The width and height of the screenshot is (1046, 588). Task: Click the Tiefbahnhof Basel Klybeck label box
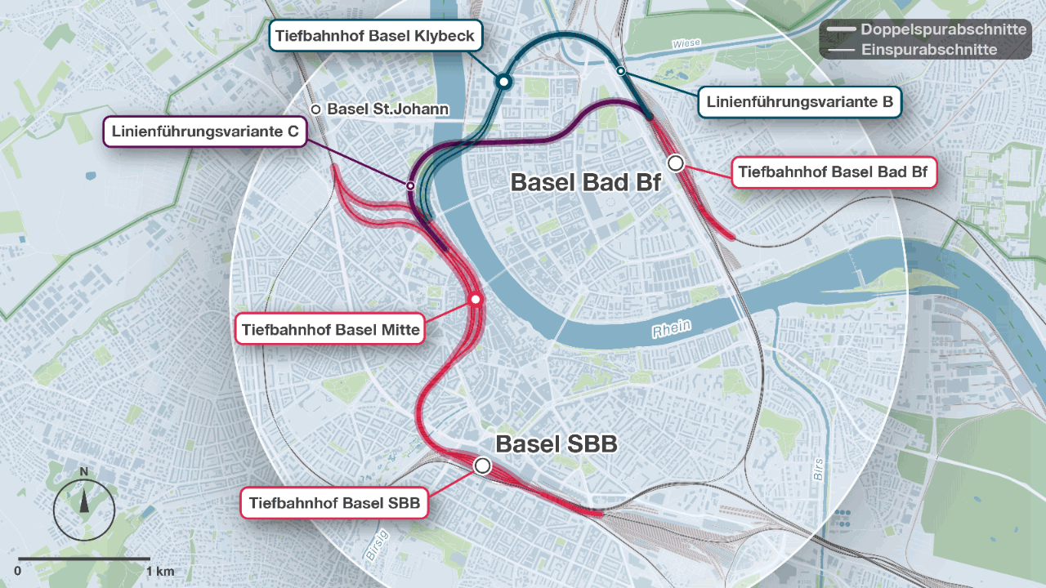[376, 36]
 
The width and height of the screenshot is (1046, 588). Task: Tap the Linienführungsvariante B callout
[799, 102]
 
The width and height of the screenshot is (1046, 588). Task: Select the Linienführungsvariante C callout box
[204, 131]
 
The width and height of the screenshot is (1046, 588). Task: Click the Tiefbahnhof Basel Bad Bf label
[833, 172]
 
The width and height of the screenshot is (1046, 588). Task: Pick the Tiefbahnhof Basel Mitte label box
[330, 330]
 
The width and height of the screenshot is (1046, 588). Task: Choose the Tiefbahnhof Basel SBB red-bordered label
[334, 503]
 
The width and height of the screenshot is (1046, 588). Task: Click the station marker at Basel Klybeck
[504, 81]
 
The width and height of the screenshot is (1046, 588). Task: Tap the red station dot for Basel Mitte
[475, 300]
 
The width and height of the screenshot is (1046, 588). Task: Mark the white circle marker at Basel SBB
[482, 465]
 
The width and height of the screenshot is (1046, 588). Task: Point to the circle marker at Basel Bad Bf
[676, 163]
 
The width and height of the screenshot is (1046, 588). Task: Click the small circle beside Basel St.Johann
[315, 109]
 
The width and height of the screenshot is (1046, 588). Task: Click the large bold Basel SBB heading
[556, 445]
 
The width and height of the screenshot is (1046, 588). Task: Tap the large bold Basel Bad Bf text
[585, 182]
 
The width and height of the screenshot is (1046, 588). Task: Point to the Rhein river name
[671, 329]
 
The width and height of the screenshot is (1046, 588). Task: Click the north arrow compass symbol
[84, 506]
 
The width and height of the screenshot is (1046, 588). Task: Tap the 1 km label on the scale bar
[160, 570]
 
